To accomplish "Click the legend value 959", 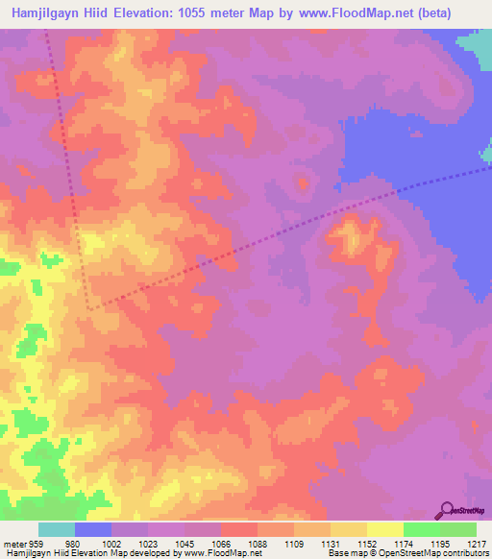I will pos(37,543).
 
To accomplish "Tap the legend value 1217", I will pos(478,543).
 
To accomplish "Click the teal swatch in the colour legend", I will pos(56,529).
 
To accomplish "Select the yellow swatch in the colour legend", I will pos(384,529).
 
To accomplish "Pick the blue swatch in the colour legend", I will pos(92,529).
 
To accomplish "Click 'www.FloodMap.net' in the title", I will pos(336,11).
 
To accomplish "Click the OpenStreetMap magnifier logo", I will pos(446,509).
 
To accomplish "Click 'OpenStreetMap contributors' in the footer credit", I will pos(432,554).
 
